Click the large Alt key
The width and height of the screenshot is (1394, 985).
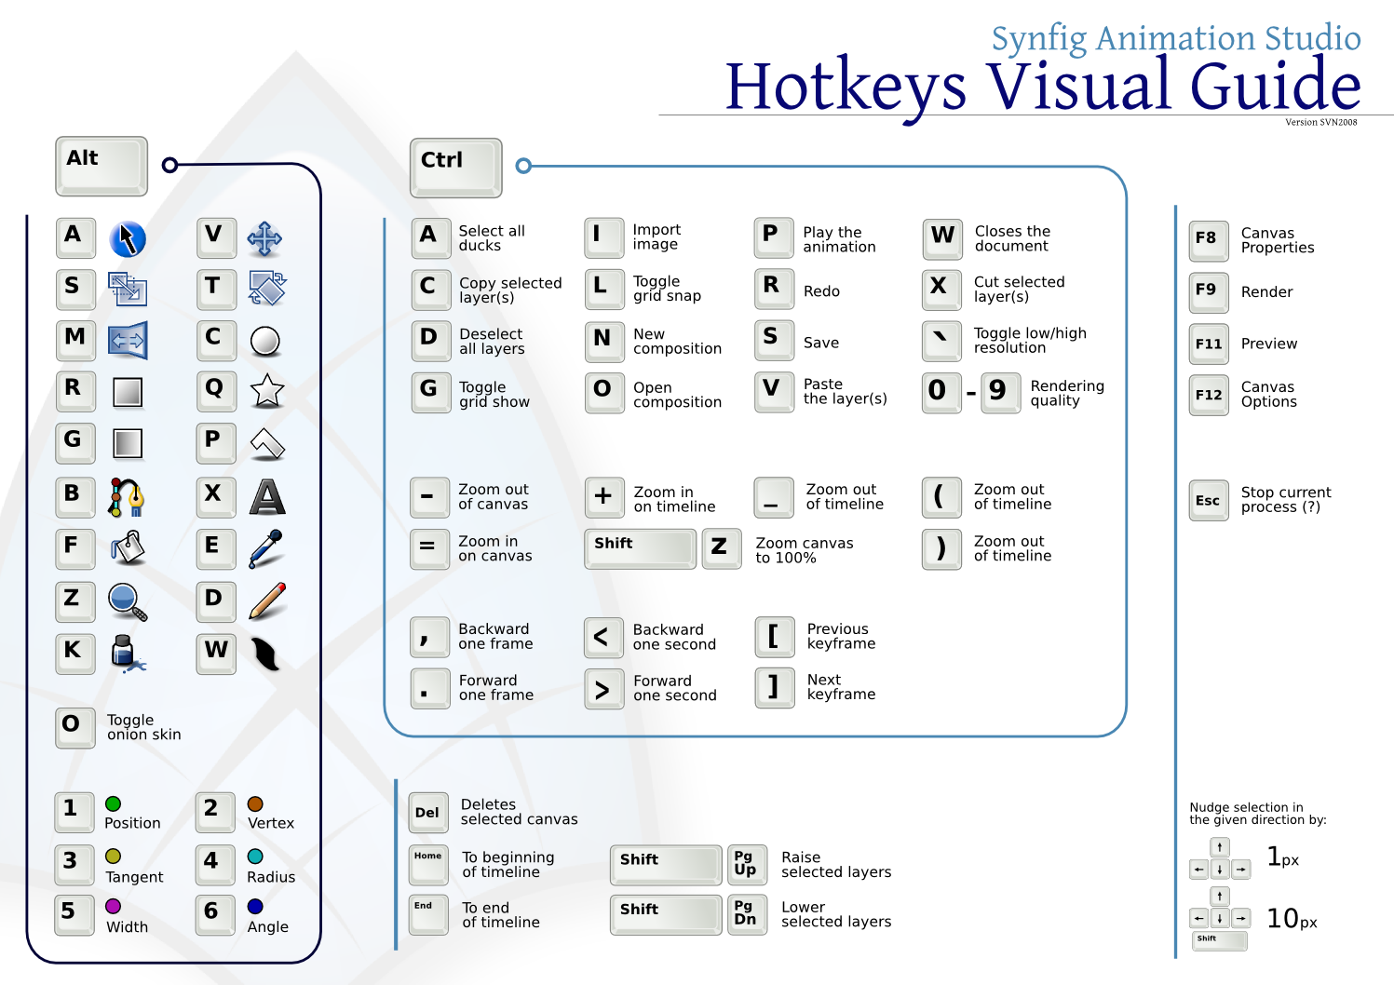[102, 166]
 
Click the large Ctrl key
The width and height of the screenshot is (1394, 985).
[455, 168]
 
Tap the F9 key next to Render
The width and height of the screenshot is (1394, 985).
[1209, 292]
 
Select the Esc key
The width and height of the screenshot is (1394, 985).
[1209, 500]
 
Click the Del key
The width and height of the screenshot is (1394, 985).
[428, 813]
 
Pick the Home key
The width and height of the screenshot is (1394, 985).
[428, 864]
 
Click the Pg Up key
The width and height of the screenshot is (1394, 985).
[747, 864]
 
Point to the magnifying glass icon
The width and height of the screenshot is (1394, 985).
[128, 602]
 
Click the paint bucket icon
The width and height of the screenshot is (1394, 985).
[128, 547]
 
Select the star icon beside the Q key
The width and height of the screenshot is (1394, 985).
[267, 391]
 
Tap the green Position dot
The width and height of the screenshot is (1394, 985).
[114, 804]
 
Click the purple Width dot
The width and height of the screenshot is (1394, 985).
[114, 906]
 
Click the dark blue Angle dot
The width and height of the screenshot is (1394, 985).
[255, 906]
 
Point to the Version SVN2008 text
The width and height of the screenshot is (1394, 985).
[1321, 123]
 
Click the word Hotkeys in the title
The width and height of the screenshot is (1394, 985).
[846, 88]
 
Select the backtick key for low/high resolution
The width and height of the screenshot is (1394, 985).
[941, 341]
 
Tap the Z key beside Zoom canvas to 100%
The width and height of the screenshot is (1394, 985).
[722, 548]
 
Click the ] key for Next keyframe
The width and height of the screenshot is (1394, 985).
[775, 688]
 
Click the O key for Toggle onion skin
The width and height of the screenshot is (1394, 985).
[74, 728]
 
